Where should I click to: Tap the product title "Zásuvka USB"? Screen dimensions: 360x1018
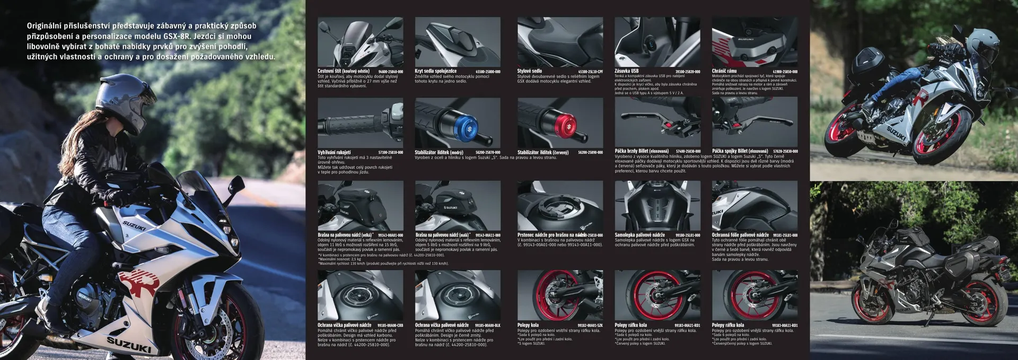coord(626,71)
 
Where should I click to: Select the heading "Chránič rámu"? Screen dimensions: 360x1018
coord(724,71)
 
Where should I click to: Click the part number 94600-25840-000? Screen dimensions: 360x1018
coord(390,72)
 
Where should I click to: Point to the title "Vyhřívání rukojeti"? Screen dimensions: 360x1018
coord(334,153)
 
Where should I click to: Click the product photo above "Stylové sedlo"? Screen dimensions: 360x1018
coord(560,42)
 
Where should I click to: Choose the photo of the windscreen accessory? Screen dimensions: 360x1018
coord(360,42)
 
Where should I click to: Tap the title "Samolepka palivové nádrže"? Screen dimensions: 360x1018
coord(639,235)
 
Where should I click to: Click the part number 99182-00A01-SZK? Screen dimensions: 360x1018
coord(590,326)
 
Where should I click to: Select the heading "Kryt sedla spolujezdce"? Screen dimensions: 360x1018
coord(435,71)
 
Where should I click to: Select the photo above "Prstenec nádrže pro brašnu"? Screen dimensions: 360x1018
coord(560,205)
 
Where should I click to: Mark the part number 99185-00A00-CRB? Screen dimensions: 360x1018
coord(390,326)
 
